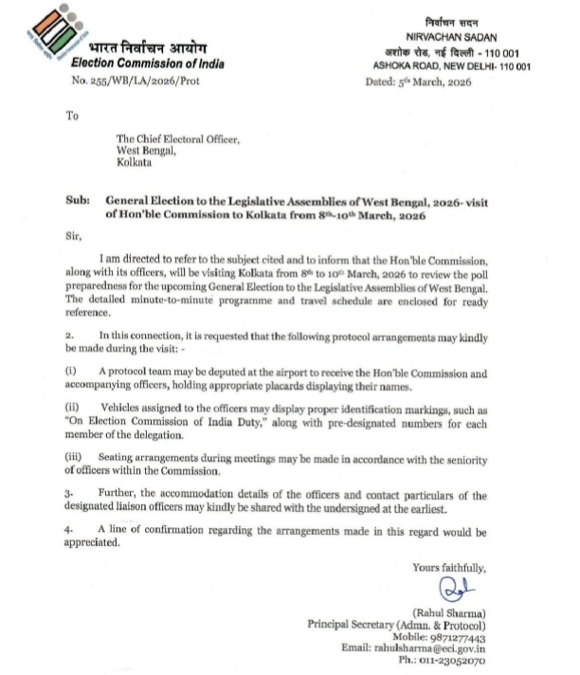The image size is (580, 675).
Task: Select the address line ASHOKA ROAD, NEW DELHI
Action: coord(450,65)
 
